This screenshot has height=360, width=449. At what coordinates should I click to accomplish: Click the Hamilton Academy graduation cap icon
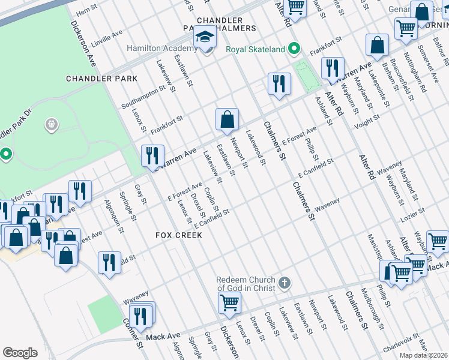[204, 38]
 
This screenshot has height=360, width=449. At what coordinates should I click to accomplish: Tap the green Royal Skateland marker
[294, 49]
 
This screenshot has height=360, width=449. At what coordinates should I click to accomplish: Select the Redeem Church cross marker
[285, 282]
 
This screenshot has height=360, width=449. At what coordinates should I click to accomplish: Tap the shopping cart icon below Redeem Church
[229, 304]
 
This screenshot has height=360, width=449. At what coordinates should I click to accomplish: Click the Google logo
[20, 353]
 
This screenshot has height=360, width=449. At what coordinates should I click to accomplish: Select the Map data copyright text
[423, 355]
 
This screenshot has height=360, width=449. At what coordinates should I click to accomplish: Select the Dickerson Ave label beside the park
[83, 45]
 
